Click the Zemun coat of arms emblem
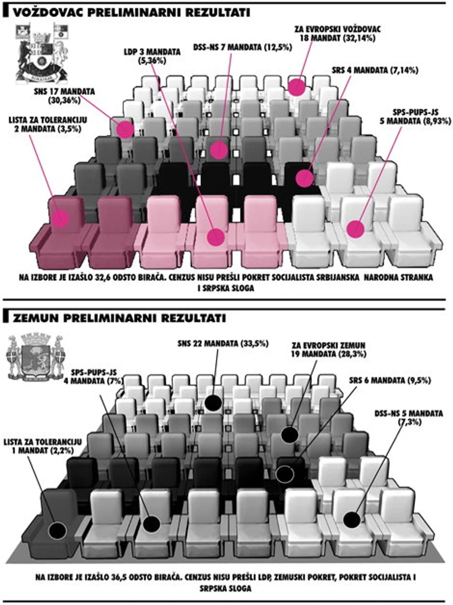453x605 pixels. tap(35, 360)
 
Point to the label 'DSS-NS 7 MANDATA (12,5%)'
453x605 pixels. tap(243, 46)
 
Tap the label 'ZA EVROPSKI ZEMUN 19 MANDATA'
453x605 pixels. tap(327, 349)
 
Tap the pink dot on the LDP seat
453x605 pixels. tap(216, 236)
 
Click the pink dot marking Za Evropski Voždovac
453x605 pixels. tap(296, 87)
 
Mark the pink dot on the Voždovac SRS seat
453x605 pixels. tap(305, 178)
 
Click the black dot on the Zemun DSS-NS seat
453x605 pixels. tap(352, 520)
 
